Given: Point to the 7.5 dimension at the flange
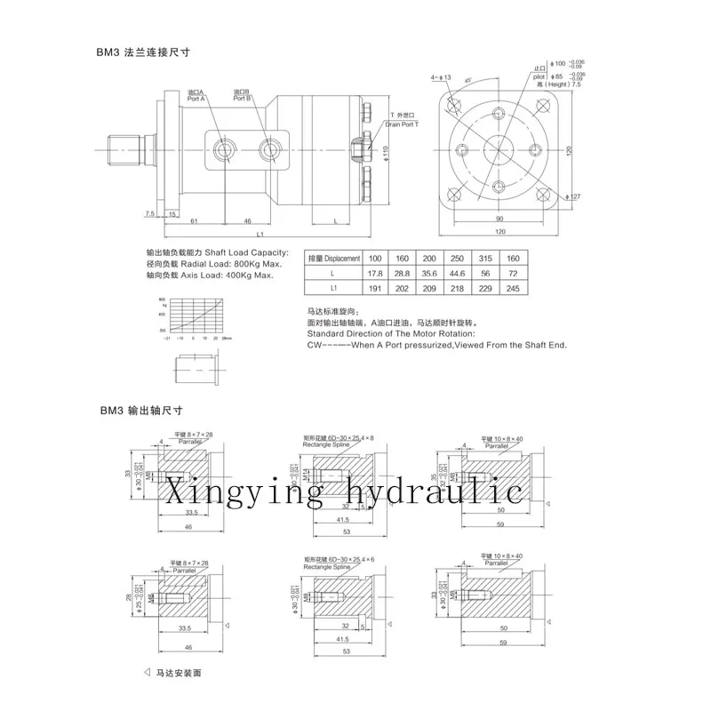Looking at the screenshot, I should [150, 214].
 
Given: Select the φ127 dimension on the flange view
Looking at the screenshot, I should [576, 196].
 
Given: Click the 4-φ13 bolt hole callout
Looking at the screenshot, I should [443, 79].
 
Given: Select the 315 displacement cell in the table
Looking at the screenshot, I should [486, 259].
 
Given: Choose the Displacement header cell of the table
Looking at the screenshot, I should [333, 259].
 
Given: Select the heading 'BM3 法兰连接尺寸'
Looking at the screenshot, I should [144, 52].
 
